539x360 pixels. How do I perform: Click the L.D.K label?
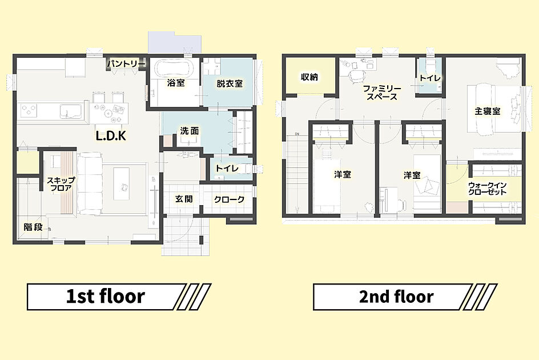pos(111,135)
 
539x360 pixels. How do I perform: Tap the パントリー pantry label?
pos(126,63)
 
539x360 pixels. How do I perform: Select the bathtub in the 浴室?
pos(173,69)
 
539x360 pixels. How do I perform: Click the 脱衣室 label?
pos(230,83)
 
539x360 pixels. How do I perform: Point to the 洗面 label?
pos(190,131)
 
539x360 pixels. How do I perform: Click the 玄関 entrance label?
pos(184,199)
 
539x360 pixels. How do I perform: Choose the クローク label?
pos(229,199)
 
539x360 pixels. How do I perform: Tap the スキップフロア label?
pos(61,184)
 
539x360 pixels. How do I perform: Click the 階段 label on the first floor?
pos(33,227)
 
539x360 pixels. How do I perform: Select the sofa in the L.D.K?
pos(90,184)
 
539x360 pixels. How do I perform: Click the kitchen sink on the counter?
pos(71,111)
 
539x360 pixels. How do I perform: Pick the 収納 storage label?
pos(309,77)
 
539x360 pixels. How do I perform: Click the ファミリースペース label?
pos(381,93)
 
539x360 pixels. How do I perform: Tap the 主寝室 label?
pos(488,111)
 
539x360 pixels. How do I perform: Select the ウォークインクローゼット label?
pos(488,188)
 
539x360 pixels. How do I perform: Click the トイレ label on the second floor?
pos(430,78)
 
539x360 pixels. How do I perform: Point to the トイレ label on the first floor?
pos(227,169)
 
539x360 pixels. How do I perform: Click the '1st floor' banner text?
pos(106,297)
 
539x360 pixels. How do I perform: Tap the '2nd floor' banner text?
pos(396,297)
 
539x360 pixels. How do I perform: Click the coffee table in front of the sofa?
pos(122,184)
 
